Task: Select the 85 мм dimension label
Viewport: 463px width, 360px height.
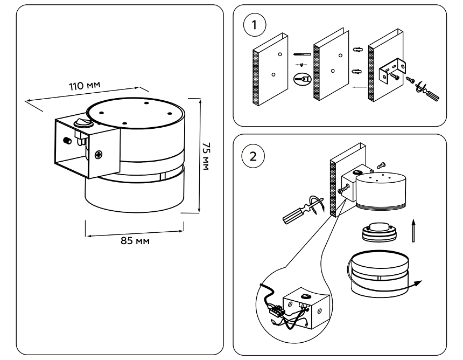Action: (135, 240)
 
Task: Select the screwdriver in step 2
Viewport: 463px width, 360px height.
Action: (299, 212)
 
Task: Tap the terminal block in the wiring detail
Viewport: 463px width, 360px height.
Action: (278, 311)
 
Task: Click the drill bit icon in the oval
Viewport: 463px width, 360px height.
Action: (303, 78)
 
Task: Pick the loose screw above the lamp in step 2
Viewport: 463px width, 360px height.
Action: (382, 164)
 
